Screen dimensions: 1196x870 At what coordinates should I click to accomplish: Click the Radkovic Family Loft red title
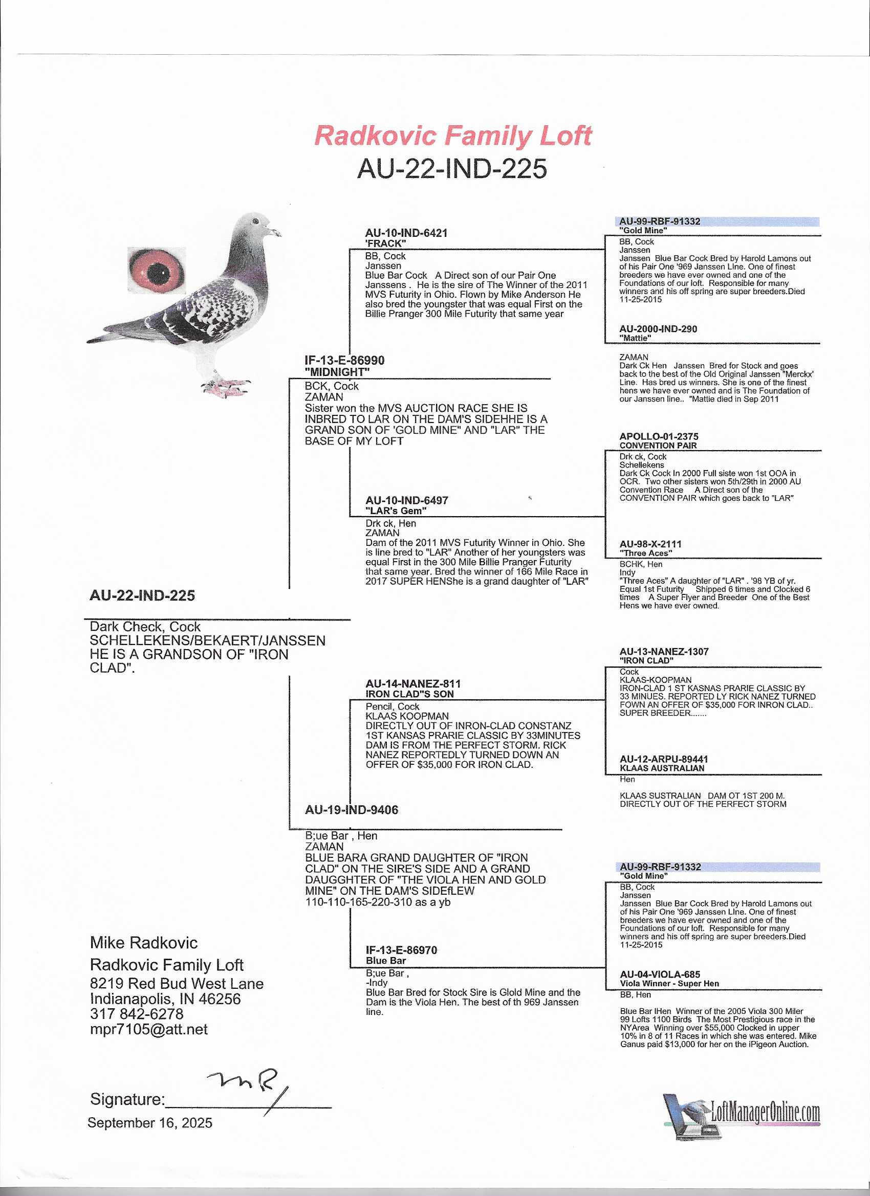pos(453,136)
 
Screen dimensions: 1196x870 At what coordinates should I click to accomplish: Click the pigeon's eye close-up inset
pos(157,271)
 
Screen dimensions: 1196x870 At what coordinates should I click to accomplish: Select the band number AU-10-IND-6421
pos(406,233)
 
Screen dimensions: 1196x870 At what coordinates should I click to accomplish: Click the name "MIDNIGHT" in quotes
pos(337,372)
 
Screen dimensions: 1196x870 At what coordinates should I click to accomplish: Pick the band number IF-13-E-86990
pos(344,361)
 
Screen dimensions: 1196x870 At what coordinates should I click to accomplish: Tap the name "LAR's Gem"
pos(396,511)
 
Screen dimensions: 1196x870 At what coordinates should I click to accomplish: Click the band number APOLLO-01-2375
pos(659,437)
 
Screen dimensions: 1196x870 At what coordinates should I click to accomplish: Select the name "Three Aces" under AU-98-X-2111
pos(646,553)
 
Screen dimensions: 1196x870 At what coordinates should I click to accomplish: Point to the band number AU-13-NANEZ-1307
pos(664,652)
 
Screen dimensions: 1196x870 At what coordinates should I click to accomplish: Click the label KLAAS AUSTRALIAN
pos(662,768)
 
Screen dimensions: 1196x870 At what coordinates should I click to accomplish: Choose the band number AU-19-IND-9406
pos(352,809)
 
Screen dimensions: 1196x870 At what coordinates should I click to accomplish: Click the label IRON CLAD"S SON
pos(409,694)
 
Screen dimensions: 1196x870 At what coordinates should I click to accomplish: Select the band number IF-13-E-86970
pos(402,950)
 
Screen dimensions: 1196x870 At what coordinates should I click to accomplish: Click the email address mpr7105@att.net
pos(149,1029)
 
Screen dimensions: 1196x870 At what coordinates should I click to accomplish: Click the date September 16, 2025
pos(150,1123)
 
